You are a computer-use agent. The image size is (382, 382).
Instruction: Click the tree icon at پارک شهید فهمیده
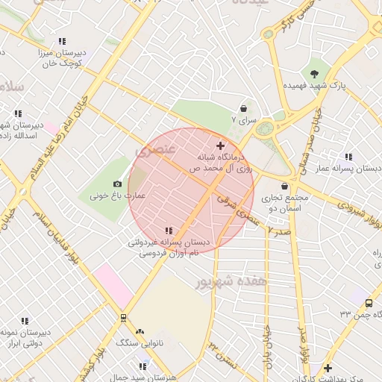pos(315,73)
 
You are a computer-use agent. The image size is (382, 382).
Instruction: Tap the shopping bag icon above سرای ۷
pos(243,107)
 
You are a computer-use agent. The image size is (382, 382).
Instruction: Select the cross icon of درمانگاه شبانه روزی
pos(219,145)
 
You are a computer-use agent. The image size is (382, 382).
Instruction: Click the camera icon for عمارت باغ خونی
pos(117,184)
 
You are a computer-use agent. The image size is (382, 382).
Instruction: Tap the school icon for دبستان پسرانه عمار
pos(348,157)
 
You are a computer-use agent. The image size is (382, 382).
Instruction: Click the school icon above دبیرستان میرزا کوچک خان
pos(62,42)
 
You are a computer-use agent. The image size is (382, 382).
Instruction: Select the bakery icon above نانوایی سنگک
pos(140,331)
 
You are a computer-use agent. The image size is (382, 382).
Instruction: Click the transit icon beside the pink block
pos(123,317)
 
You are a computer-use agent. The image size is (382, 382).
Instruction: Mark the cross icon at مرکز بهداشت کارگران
pos(328,368)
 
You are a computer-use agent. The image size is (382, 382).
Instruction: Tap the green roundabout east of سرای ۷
pos(264,129)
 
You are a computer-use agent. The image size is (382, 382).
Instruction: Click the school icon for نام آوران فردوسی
pos(169,231)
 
